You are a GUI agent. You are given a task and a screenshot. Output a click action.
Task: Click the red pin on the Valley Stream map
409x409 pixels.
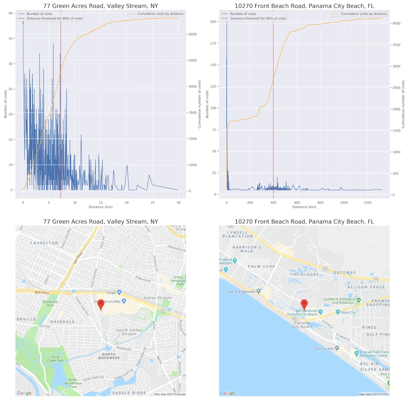(101, 304)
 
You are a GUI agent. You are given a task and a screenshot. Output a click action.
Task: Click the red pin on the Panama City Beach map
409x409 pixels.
(304, 304)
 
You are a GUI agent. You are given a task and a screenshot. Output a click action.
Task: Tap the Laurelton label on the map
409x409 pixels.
(44, 243)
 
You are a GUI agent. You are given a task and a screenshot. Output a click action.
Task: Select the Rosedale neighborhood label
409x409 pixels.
(63, 322)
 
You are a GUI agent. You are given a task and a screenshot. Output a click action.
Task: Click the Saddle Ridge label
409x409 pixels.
(129, 393)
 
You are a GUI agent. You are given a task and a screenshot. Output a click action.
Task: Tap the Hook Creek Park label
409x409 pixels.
(56, 359)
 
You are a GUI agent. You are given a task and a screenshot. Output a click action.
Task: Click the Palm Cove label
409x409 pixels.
(261, 266)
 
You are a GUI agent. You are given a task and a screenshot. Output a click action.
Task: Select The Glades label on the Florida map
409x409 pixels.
(304, 274)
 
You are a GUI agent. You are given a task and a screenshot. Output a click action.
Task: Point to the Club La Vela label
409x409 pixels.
(324, 349)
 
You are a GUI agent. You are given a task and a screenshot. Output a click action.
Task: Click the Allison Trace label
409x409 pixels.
(366, 287)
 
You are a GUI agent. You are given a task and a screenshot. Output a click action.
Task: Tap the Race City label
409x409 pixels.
(348, 313)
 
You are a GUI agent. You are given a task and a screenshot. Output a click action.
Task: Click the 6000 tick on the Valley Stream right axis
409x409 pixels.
(193, 34)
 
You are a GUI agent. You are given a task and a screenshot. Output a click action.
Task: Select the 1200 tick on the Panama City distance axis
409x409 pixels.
(367, 203)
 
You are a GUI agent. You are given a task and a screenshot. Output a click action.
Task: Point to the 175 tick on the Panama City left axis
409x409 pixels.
(213, 43)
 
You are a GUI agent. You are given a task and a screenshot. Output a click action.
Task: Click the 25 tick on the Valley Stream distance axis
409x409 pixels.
(152, 203)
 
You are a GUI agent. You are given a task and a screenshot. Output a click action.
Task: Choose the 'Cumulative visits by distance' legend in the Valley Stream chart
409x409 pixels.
(160, 14)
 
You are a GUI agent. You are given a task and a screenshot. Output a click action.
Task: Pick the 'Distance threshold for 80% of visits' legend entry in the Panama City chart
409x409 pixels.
(258, 19)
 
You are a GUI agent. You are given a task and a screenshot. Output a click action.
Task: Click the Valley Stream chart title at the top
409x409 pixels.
(101, 6)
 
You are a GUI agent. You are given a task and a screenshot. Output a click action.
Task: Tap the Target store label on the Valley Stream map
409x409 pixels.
(111, 293)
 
